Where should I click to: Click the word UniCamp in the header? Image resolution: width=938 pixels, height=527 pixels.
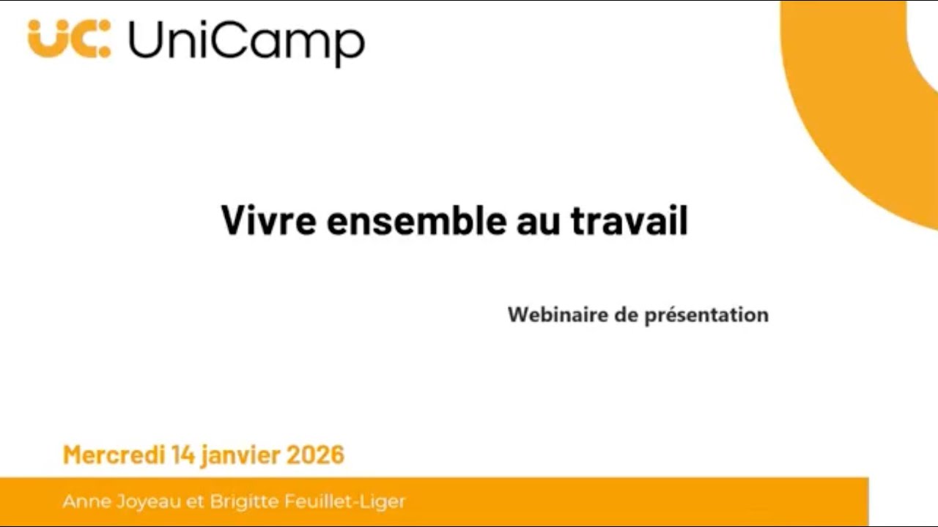point(245,42)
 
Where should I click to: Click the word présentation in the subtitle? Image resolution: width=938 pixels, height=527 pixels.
point(706,315)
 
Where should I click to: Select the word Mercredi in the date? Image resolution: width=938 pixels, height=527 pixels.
point(114,455)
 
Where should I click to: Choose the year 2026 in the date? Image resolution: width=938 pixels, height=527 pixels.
point(315,455)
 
